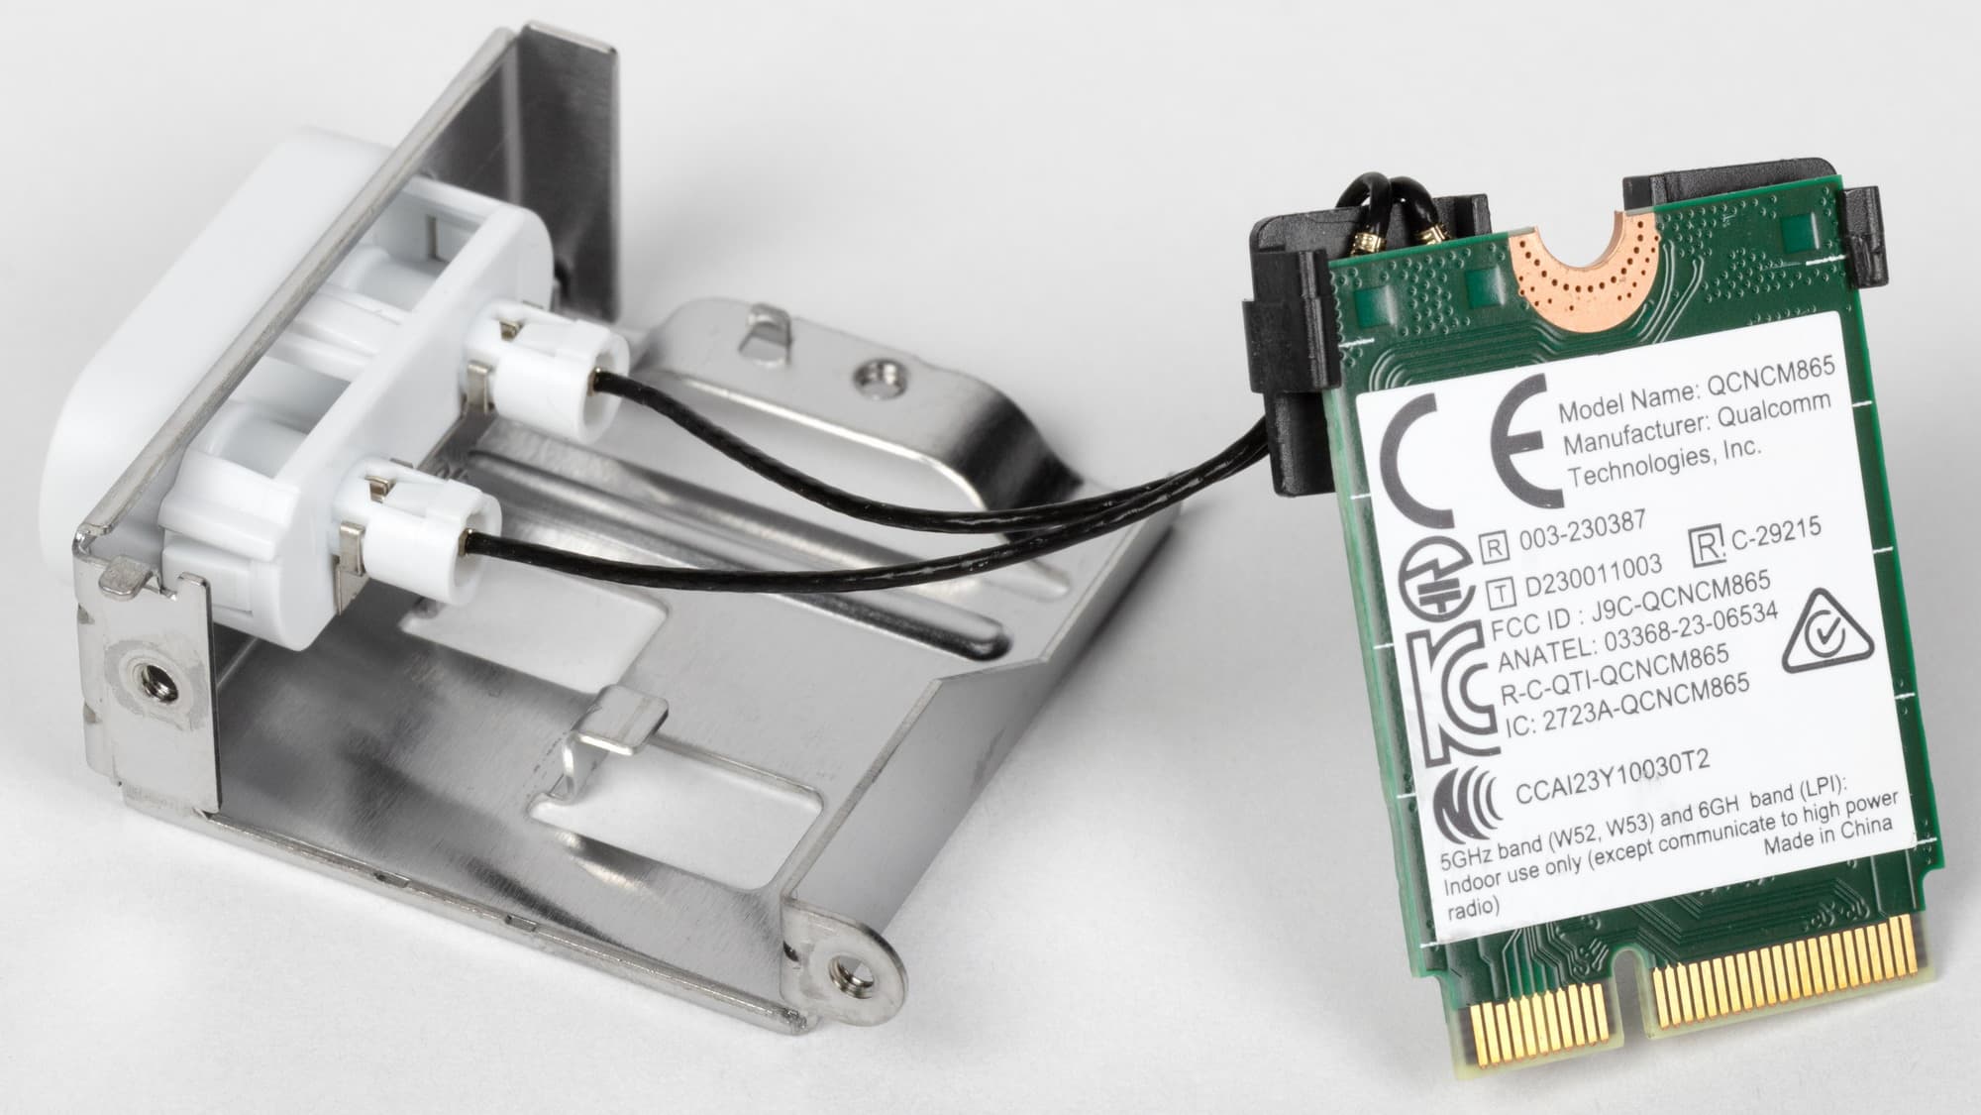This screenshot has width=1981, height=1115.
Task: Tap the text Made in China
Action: click(x=1827, y=836)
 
